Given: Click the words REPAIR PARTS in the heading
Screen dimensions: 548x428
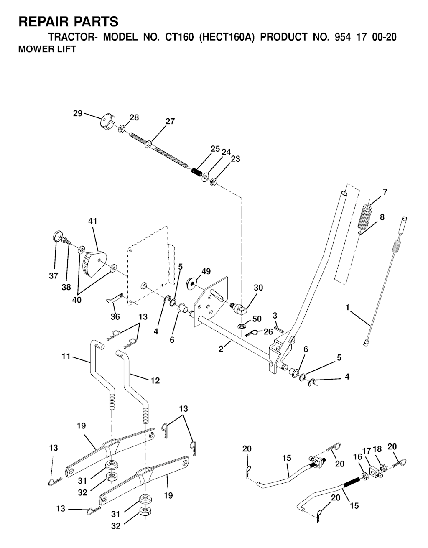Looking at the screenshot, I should click(x=69, y=21).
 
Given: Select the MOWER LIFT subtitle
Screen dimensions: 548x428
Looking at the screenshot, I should click(x=47, y=49).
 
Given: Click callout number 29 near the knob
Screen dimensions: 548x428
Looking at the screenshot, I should click(x=78, y=113).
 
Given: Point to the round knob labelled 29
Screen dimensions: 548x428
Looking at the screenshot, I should click(x=106, y=122).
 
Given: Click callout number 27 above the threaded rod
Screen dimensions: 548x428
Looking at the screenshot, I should click(x=170, y=122).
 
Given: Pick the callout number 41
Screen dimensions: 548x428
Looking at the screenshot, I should click(x=92, y=221).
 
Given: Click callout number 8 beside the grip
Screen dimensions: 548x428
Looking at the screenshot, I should click(x=382, y=217).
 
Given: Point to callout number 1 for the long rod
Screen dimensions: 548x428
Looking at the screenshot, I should click(x=347, y=307).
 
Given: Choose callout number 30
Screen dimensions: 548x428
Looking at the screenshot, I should click(x=258, y=288).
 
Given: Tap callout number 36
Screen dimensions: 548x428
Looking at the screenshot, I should click(x=115, y=317).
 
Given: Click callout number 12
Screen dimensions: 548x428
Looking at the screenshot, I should click(x=155, y=381).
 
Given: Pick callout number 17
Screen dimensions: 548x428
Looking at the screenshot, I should click(x=366, y=450).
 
